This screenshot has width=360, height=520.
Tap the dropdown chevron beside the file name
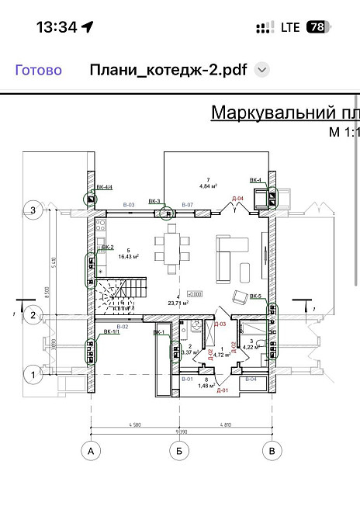(x=262, y=70)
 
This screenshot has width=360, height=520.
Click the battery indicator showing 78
(x=317, y=26)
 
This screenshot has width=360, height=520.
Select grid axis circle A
(x=91, y=450)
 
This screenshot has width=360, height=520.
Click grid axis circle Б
(x=180, y=450)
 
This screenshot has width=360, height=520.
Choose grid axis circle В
(x=271, y=450)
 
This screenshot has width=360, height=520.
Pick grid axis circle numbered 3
(x=33, y=209)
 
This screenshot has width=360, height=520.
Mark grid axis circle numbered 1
(x=33, y=376)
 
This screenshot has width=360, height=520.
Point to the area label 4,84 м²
(x=208, y=186)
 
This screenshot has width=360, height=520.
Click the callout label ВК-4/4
(x=105, y=187)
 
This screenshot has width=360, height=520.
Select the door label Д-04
(x=238, y=199)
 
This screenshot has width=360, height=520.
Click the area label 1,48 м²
(x=206, y=385)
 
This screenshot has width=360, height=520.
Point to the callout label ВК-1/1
(x=112, y=333)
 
